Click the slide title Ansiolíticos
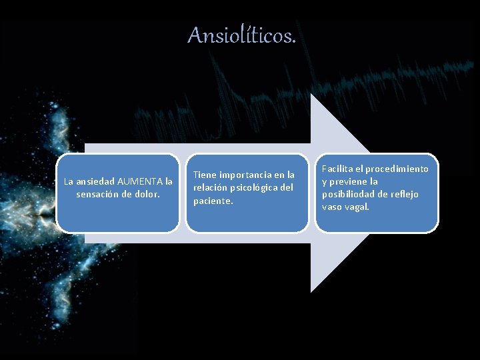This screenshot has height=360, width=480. click(x=241, y=35)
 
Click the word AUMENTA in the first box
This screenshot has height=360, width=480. click(x=141, y=181)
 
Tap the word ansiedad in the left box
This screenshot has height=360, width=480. click(x=95, y=181)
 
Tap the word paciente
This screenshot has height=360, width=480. click(x=213, y=201)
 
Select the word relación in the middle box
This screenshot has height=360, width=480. click(x=209, y=187)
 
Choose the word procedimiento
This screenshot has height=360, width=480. click(x=398, y=169)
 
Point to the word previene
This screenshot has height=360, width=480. click(x=350, y=181)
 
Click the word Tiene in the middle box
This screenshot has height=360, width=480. click(x=205, y=175)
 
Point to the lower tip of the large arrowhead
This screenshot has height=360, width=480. click(x=311, y=291)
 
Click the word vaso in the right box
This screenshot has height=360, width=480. click(x=333, y=207)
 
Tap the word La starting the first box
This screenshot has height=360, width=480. click(x=69, y=181)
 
